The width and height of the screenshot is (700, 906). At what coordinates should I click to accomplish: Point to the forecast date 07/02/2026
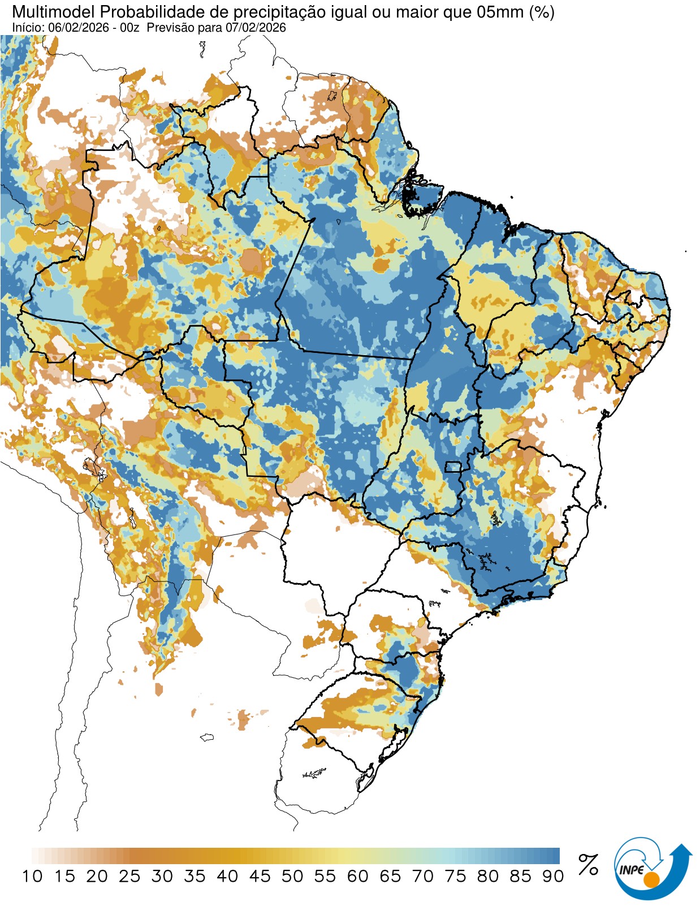(x=256, y=28)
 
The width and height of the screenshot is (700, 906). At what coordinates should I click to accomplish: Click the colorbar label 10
(x=32, y=877)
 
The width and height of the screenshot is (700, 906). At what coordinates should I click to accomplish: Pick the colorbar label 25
(x=129, y=877)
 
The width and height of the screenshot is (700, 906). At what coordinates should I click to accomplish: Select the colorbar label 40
(x=227, y=877)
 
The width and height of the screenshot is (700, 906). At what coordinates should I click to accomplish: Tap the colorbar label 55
(x=325, y=877)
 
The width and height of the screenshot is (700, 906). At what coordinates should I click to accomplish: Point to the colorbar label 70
(x=423, y=877)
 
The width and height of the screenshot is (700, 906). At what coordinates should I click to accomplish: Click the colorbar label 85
(x=520, y=877)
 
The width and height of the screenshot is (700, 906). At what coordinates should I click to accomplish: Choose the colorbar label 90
(x=553, y=877)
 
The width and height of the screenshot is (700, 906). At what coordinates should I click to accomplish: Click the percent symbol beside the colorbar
(x=588, y=865)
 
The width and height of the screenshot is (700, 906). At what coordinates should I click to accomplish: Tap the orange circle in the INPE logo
(x=651, y=879)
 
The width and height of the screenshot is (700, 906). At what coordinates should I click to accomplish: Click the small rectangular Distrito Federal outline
(x=453, y=467)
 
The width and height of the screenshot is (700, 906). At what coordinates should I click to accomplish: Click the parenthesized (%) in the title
(x=542, y=11)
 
